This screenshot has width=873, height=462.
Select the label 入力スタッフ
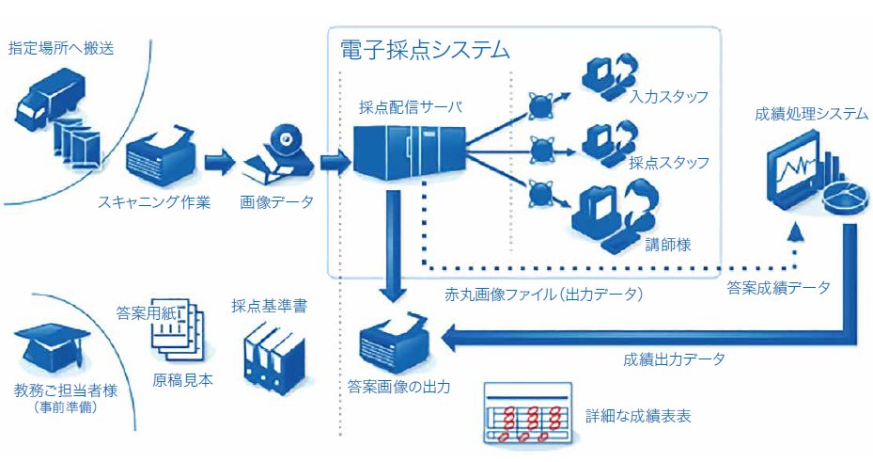(x=669, y=96)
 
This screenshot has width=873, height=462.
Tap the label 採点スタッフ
(x=669, y=162)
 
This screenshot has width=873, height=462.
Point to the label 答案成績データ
(x=778, y=288)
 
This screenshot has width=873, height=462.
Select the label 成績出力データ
(x=674, y=358)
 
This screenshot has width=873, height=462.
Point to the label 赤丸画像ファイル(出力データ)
(x=543, y=295)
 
